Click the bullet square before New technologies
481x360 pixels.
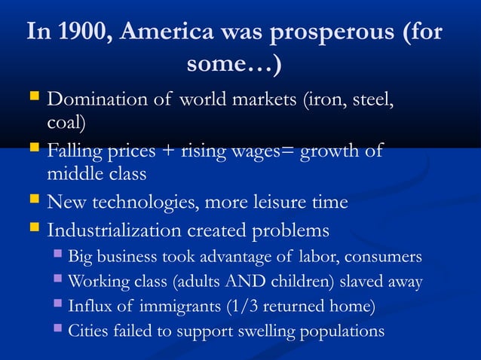point(33,201)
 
